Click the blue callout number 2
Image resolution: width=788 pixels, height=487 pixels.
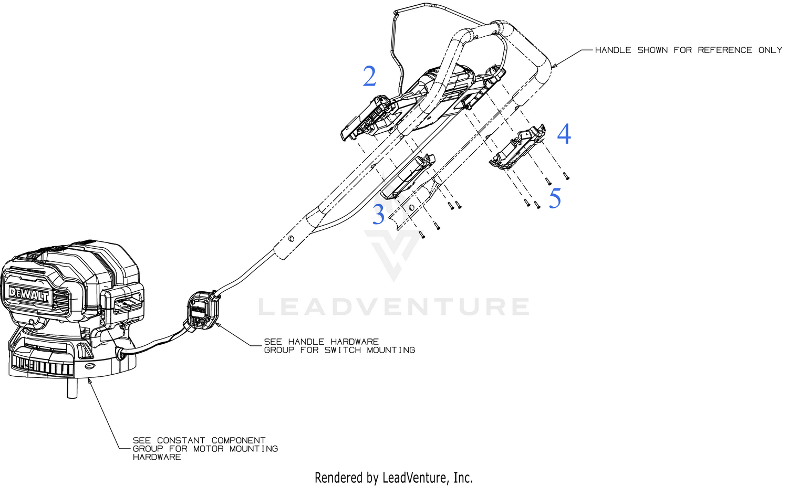369,76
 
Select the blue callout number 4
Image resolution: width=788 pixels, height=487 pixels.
564,134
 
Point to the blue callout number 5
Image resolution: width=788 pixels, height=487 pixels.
555,198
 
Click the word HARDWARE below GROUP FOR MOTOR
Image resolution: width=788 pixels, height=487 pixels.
157,457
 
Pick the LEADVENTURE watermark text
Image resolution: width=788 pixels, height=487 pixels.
394,306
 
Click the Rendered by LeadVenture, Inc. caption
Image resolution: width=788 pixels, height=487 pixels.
393,478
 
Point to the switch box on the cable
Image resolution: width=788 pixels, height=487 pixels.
202,311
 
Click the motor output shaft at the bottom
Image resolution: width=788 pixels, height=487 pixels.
72,388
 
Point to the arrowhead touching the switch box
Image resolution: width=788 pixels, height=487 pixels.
218,325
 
